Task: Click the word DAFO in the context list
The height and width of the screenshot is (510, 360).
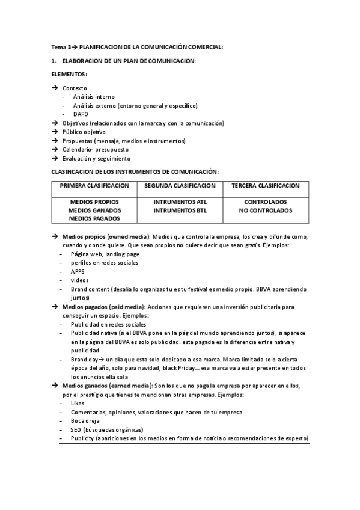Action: (81, 114)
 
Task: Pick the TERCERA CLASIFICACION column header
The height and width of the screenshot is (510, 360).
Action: (265, 185)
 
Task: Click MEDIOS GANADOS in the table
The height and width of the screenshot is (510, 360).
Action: (94, 210)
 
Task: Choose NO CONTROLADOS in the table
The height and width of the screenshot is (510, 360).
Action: (265, 210)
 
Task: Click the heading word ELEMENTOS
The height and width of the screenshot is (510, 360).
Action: (69, 74)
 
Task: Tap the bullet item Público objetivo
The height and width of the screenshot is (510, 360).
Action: (84, 132)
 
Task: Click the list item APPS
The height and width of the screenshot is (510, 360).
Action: (78, 271)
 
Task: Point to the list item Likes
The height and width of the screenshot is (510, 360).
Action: (78, 403)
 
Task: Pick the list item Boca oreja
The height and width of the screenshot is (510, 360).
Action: (86, 421)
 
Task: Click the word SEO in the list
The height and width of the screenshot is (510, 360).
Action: (76, 430)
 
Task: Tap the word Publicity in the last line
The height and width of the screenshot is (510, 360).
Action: (83, 439)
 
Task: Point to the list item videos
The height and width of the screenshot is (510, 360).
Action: (79, 280)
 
